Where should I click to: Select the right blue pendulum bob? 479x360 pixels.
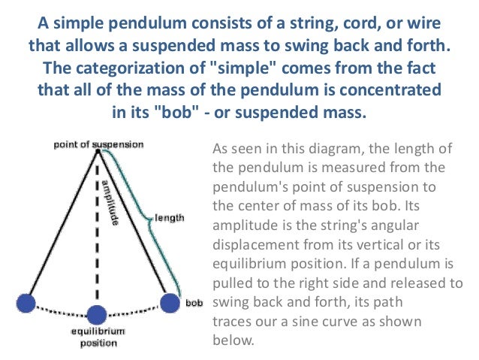click(170, 302)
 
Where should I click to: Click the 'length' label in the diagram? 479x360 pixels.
click(169, 218)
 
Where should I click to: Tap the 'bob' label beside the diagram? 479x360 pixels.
click(194, 304)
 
